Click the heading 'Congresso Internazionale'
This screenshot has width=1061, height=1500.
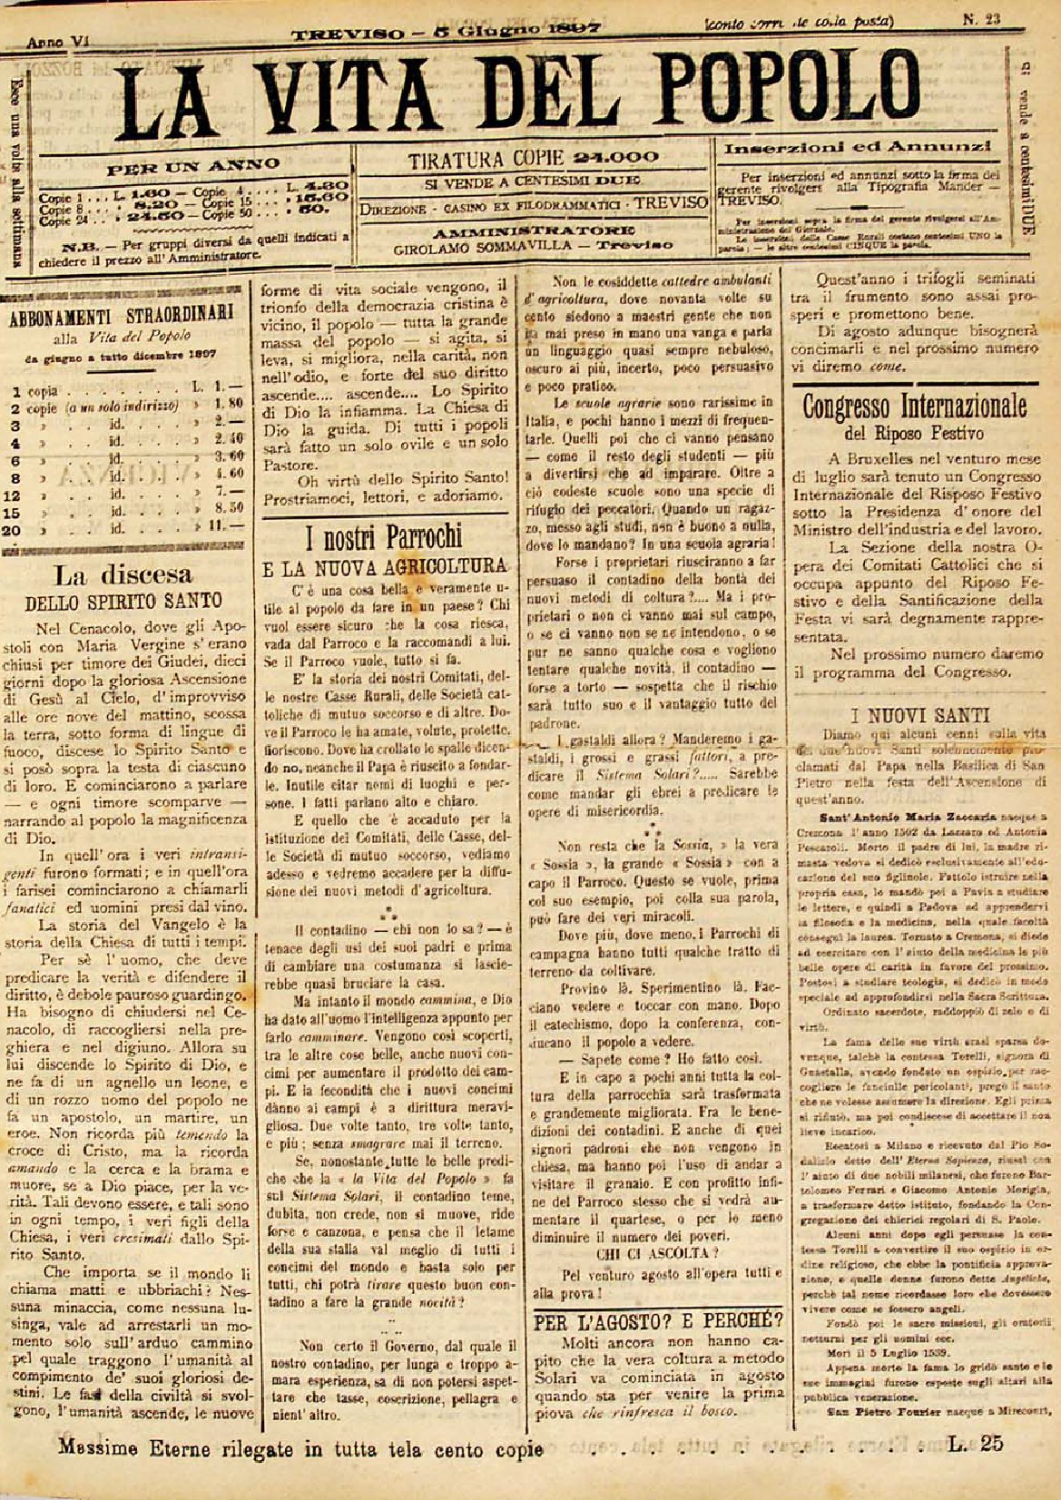click(914, 405)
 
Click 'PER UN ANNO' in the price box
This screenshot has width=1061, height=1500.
click(193, 167)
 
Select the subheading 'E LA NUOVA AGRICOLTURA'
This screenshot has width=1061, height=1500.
click(384, 567)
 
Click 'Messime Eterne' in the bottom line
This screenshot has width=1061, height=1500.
click(125, 1448)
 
